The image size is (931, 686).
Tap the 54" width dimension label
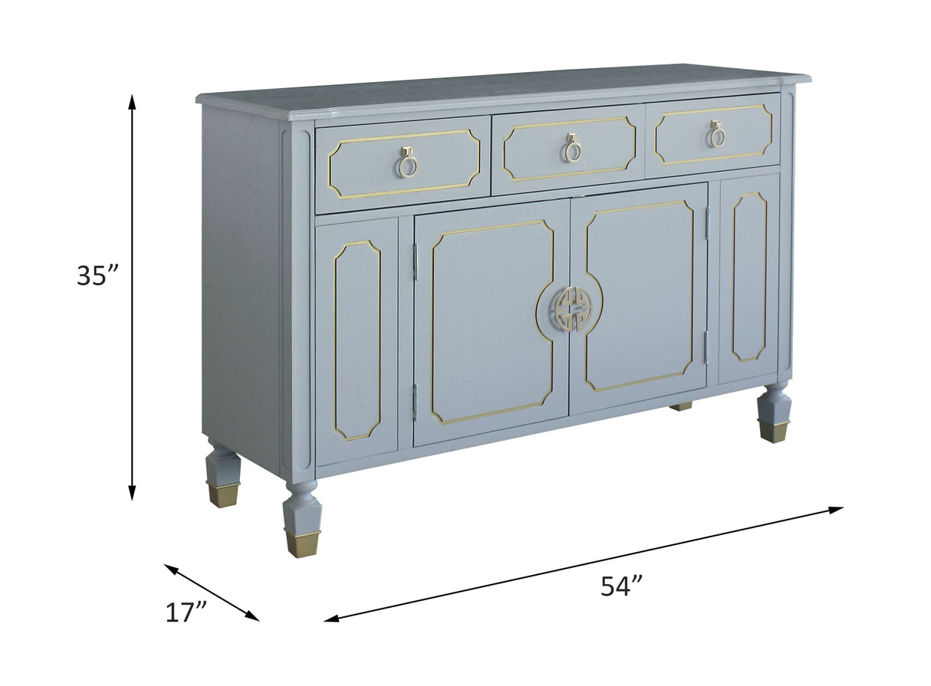[620, 586]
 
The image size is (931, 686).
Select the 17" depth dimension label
[186, 612]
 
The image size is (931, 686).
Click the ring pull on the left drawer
[407, 162]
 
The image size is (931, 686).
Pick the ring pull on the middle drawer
[571, 148]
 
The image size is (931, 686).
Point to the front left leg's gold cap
[302, 542]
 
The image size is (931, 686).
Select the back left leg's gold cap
[222, 494]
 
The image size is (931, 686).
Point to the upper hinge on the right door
[708, 222]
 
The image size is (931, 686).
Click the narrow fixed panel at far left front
[357, 341]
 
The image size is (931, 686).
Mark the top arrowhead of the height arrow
[132, 100]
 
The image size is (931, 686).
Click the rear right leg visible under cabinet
[680, 406]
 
